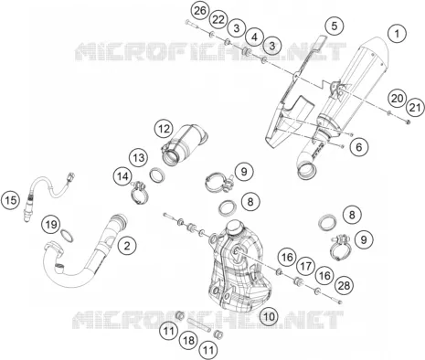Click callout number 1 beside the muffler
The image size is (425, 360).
[x=397, y=34]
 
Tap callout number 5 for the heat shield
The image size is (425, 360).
[x=335, y=26]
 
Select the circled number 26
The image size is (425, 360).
[x=200, y=11]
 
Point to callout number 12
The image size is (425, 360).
[x=164, y=129]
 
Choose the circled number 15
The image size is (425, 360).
[x=11, y=200]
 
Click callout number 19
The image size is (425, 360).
[x=51, y=225]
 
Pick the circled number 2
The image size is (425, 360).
[x=127, y=246]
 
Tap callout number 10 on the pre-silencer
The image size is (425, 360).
[x=269, y=316]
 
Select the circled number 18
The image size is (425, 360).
[x=189, y=340]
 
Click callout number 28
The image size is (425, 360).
[x=344, y=286]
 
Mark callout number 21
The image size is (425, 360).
[x=415, y=108]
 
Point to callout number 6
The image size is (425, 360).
[x=359, y=147]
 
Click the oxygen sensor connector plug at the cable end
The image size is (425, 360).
[x=71, y=176]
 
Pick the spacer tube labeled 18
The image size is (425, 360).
[x=198, y=325]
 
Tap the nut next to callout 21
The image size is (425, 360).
[x=408, y=122]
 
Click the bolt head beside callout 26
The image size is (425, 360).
[x=187, y=22]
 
